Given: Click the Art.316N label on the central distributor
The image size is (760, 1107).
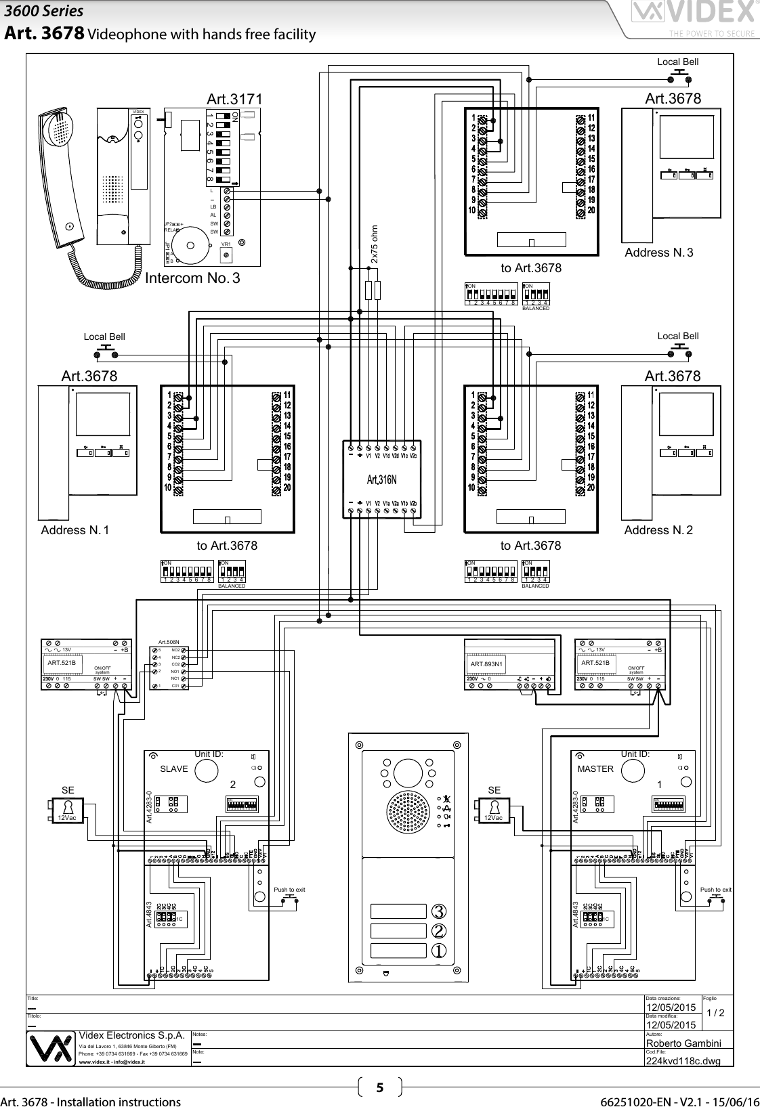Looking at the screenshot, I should click(x=381, y=480).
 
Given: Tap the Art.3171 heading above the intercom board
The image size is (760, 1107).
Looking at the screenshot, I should click(x=234, y=100).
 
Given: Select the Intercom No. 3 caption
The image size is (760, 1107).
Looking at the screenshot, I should click(x=193, y=278).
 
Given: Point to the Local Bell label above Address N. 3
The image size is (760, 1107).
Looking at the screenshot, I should click(x=677, y=62).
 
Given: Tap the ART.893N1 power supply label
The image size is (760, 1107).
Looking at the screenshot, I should click(x=486, y=664).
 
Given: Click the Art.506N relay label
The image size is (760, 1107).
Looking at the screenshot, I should click(x=168, y=641).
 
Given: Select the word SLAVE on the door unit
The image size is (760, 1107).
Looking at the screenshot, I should click(x=174, y=769).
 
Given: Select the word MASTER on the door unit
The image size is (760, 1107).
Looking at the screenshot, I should click(x=595, y=769).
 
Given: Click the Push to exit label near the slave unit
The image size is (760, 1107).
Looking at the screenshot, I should click(x=289, y=890).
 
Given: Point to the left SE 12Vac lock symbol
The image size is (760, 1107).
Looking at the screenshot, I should click(x=67, y=809).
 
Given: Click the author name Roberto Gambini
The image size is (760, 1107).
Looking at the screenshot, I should click(x=683, y=1043).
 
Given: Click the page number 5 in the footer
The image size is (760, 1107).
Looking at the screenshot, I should click(x=379, y=1088).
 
